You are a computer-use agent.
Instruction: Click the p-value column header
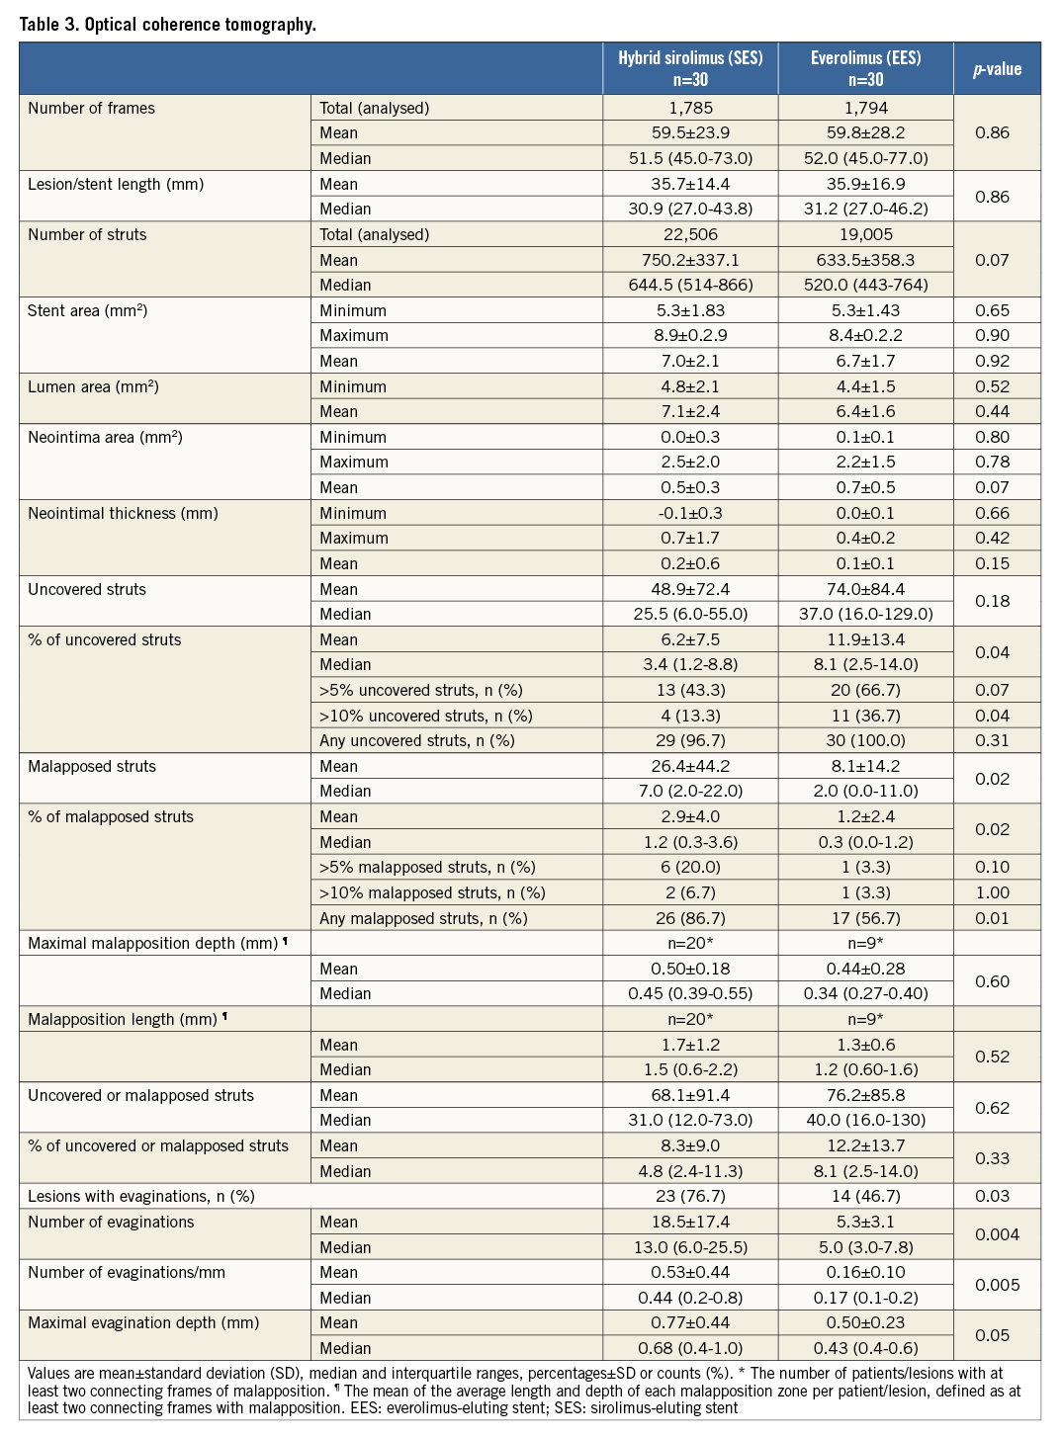(x=997, y=69)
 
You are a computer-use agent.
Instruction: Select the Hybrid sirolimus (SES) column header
(x=690, y=69)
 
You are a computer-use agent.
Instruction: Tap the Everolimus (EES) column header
(x=865, y=69)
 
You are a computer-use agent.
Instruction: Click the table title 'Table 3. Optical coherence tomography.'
(x=168, y=25)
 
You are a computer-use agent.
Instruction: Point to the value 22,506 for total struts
(x=690, y=235)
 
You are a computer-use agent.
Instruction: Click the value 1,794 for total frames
(x=865, y=109)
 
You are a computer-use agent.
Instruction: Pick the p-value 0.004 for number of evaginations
(x=997, y=1234)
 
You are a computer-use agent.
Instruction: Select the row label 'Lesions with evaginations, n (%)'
(x=141, y=1197)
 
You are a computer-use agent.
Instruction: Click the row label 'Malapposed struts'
(x=92, y=767)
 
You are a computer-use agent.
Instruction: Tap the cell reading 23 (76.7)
(x=690, y=1197)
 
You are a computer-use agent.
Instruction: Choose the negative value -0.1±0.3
(x=690, y=514)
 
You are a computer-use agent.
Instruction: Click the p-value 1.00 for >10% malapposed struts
(x=992, y=893)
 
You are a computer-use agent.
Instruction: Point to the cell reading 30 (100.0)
(x=865, y=741)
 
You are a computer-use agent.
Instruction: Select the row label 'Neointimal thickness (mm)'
(x=123, y=514)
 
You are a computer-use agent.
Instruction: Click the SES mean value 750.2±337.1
(x=690, y=261)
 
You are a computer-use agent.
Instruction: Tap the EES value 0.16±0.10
(x=865, y=1273)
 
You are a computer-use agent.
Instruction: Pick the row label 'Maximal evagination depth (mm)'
(x=143, y=1323)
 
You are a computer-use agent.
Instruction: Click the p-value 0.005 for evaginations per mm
(x=997, y=1286)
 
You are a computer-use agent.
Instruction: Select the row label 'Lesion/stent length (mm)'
(x=116, y=185)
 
